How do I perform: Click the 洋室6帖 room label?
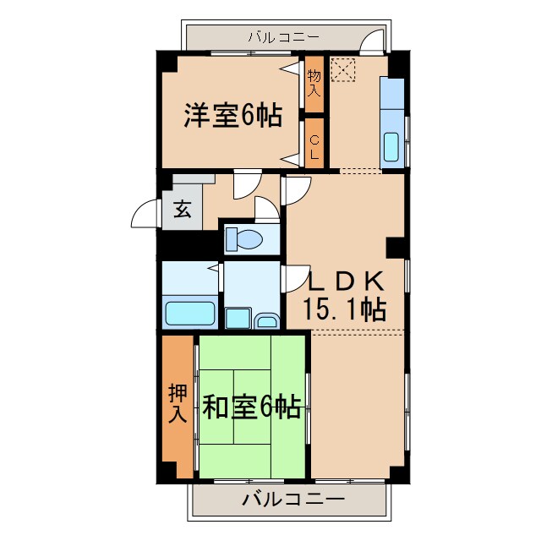[233, 115]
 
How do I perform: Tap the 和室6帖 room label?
[251, 408]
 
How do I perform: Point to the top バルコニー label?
[283, 37]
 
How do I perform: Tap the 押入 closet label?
[178, 403]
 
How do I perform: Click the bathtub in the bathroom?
[190, 312]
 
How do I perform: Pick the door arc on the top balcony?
[372, 42]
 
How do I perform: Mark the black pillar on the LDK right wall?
[396, 246]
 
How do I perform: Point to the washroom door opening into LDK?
[296, 277]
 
